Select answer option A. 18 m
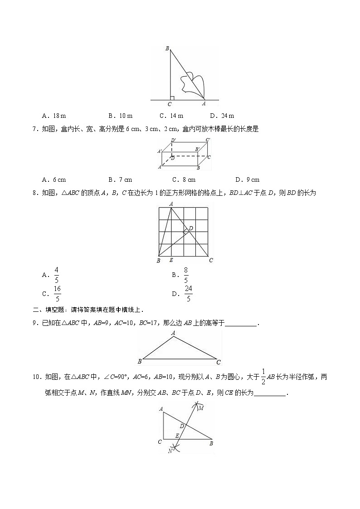tap(54, 116)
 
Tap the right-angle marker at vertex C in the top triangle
tap(172, 97)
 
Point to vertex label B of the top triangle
tap(167, 48)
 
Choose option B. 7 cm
tap(120, 179)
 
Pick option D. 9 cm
tap(248, 179)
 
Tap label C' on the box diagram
tap(208, 140)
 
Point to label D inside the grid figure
tap(191, 228)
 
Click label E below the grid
tap(170, 260)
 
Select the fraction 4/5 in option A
tap(57, 275)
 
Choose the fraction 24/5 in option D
tap(188, 293)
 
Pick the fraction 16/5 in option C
tap(57, 293)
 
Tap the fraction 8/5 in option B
tap(186, 275)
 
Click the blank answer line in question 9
tap(241, 324)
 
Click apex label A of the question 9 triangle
tap(173, 333)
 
